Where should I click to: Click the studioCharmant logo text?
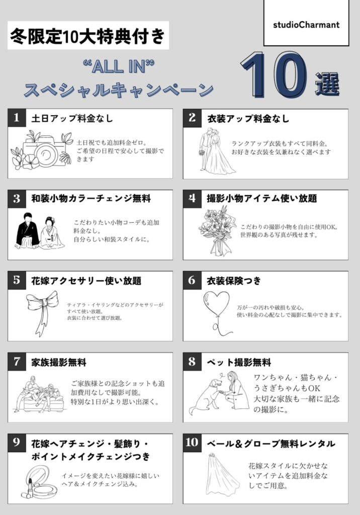(x=306, y=25)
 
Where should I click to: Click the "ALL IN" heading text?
(x=119, y=67)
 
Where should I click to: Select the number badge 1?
(x=17, y=118)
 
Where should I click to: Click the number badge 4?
(x=192, y=198)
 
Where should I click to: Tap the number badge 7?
(x=17, y=362)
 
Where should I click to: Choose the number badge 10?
(x=192, y=443)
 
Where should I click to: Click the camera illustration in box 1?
(x=42, y=150)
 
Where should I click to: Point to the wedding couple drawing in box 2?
(x=216, y=151)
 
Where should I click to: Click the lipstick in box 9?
(x=29, y=490)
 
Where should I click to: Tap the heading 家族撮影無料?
(x=59, y=363)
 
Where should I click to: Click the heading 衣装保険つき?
(x=234, y=281)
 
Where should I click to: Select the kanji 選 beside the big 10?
(x=327, y=84)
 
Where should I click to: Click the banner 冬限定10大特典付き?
(x=88, y=36)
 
